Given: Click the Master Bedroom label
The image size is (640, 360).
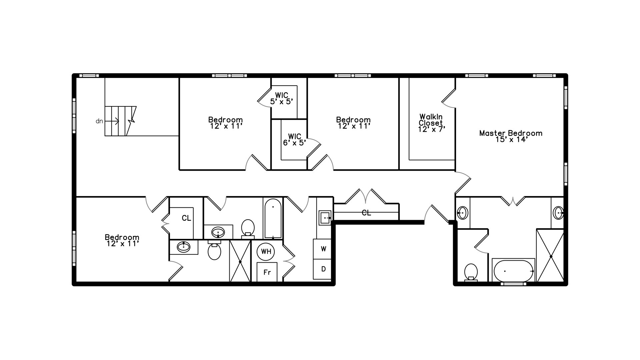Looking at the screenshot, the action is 511,136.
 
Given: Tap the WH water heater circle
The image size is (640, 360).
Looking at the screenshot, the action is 266,251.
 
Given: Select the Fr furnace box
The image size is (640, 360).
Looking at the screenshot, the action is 267,272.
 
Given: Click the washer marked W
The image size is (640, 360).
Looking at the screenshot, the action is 322,249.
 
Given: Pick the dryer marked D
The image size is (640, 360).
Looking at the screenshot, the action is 322,269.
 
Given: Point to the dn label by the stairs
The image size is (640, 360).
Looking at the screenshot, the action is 99,121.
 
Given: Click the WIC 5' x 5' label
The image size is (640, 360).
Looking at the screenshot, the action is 282,99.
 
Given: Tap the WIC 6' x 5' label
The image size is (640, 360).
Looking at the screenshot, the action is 294,140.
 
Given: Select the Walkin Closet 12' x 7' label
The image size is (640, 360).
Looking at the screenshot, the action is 432,123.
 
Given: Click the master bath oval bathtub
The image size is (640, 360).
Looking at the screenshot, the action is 514,271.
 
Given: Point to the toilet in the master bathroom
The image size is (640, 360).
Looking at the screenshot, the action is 471,273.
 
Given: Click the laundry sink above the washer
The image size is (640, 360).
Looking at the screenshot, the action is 325,218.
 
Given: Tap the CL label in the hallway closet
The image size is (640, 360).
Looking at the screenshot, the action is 366,213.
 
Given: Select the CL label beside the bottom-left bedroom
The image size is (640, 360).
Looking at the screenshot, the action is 186,218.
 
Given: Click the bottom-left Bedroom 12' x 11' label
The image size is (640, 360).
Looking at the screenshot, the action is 122,240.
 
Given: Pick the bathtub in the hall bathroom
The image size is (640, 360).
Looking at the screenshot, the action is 273,218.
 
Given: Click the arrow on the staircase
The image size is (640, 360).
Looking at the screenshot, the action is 112,121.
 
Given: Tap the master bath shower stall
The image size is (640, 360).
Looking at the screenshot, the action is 550,256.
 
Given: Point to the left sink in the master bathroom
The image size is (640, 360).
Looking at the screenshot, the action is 462,213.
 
